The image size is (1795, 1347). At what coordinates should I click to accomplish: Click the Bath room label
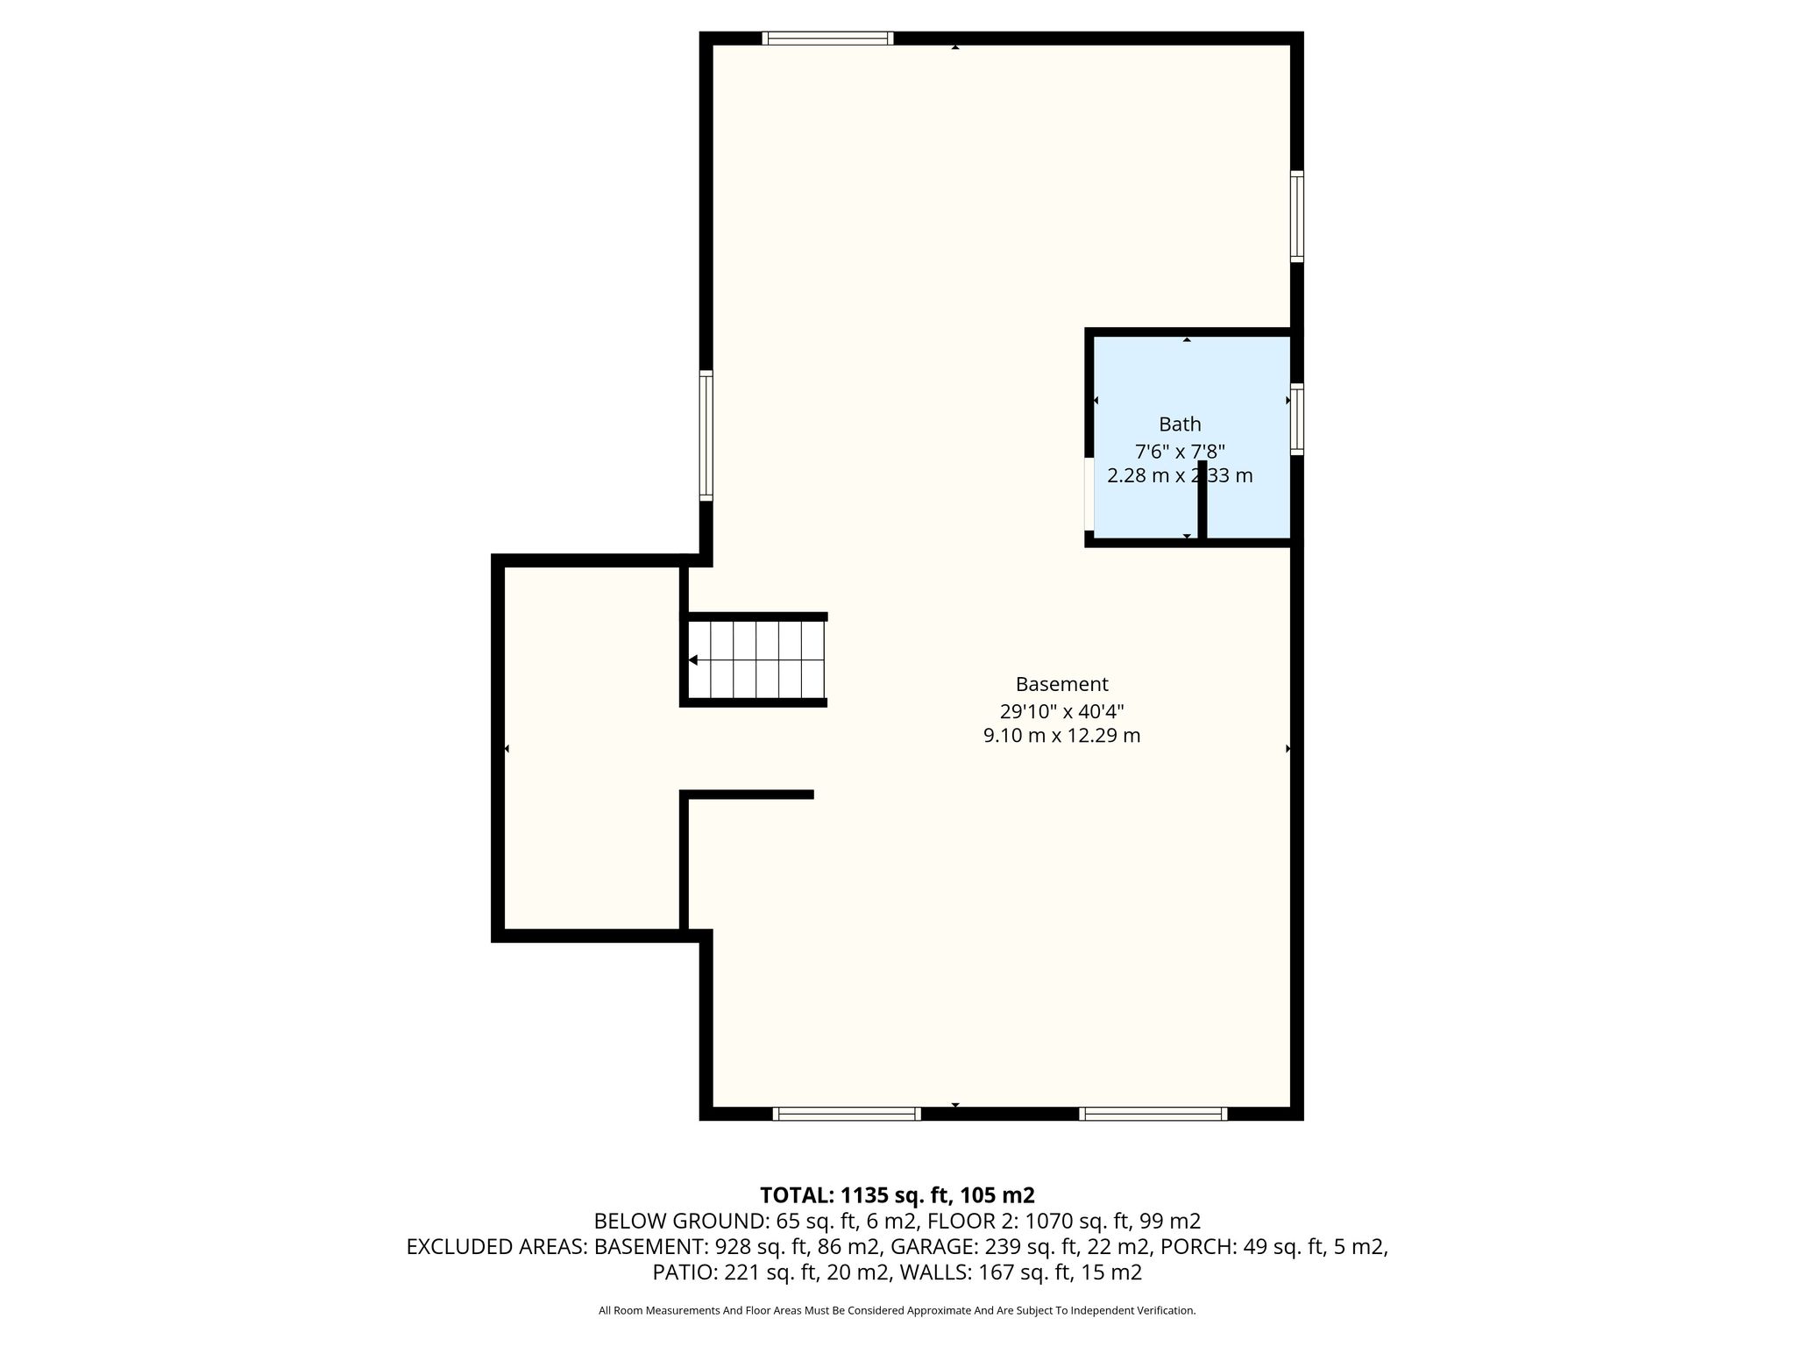tap(1180, 424)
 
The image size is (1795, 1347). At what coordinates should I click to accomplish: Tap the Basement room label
tap(1061, 684)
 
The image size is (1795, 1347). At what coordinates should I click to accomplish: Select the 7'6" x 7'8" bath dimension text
tap(1180, 452)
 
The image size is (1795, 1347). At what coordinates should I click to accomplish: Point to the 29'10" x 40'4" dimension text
tap(1061, 710)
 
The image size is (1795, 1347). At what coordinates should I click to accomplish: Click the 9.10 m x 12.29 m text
tap(1061, 736)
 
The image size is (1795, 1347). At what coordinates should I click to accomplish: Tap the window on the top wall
tap(827, 38)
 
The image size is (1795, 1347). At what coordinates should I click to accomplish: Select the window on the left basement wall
tap(706, 436)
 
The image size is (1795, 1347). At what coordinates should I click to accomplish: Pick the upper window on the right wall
tap(1297, 217)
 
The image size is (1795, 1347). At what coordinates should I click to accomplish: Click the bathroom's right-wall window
tap(1297, 419)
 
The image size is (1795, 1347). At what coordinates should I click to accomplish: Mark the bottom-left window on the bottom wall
tap(847, 1114)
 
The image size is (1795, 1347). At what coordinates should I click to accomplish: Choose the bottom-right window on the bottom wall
tap(1153, 1114)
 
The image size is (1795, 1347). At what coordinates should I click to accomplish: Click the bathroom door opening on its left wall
tap(1089, 495)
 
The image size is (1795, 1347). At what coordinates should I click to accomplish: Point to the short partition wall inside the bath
tap(1203, 499)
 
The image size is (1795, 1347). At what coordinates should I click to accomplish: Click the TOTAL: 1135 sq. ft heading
tap(897, 1195)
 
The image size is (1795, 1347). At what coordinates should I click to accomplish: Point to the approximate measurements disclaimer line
tap(897, 1310)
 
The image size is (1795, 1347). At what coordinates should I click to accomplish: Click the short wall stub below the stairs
tap(747, 795)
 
